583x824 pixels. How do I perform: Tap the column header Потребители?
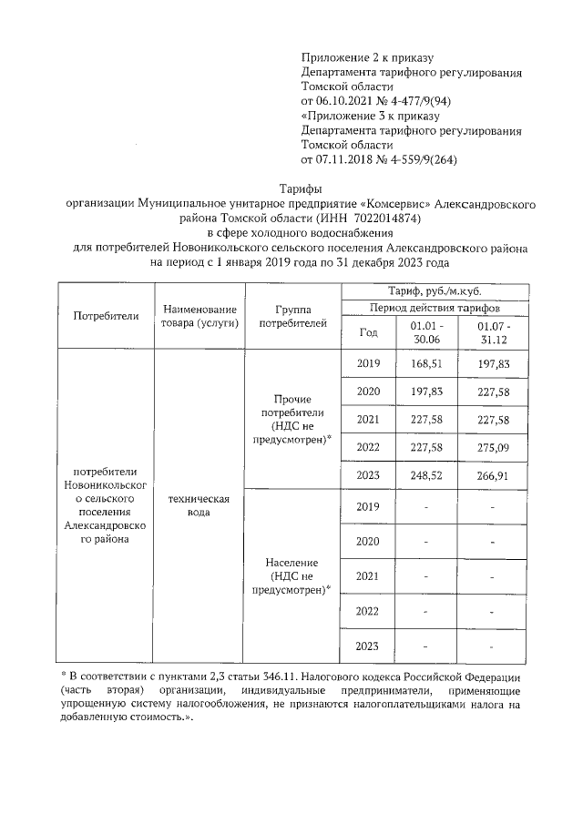tap(106, 316)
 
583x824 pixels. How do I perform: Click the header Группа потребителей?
tap(292, 316)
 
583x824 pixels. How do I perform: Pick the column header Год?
tap(369, 332)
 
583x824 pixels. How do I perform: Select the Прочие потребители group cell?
tap(292, 419)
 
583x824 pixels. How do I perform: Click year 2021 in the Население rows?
tap(368, 576)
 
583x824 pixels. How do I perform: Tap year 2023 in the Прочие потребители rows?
tap(368, 475)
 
